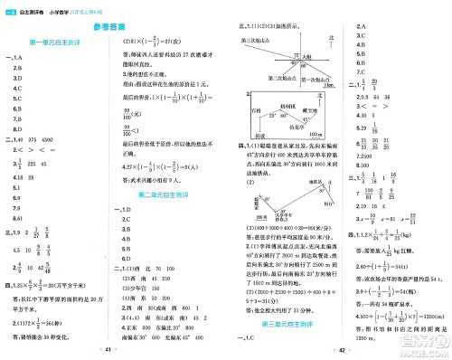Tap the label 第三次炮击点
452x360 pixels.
(256, 41)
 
